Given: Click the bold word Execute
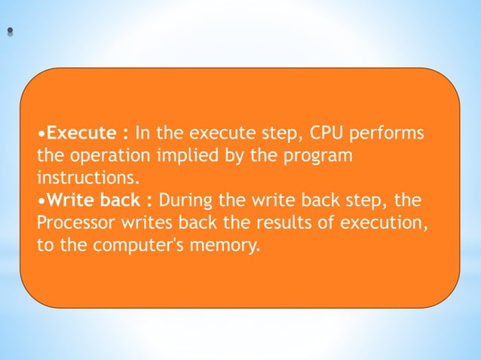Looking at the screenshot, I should (x=79, y=134).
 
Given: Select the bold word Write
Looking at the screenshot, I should (x=69, y=200).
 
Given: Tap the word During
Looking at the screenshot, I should (x=185, y=200).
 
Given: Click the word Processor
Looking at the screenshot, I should (x=74, y=223).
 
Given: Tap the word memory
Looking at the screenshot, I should (x=225, y=246).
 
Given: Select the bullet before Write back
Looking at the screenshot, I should (x=41, y=201).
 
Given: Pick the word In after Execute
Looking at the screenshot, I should (x=142, y=134).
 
